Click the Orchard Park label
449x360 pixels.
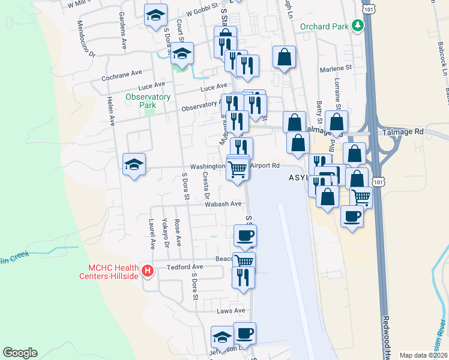pyautogui.click(x=324, y=26)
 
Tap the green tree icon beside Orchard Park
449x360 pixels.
pyautogui.click(x=358, y=25)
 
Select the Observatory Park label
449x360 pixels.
pyautogui.click(x=148, y=101)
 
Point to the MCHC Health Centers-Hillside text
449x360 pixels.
pyautogui.click(x=113, y=271)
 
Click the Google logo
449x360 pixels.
pyautogui.click(x=20, y=353)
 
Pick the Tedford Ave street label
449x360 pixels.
pyautogui.click(x=185, y=267)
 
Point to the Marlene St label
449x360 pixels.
pyautogui.click(x=335, y=69)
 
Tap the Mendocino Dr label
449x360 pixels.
pyautogui.click(x=85, y=38)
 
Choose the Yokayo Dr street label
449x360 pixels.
pyautogui.click(x=166, y=232)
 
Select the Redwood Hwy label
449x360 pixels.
pyautogui.click(x=386, y=336)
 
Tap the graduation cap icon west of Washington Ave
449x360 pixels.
pyautogui.click(x=134, y=163)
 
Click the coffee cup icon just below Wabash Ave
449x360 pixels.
pyautogui.click(x=244, y=235)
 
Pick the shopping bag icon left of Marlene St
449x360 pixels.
pyautogui.click(x=285, y=57)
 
